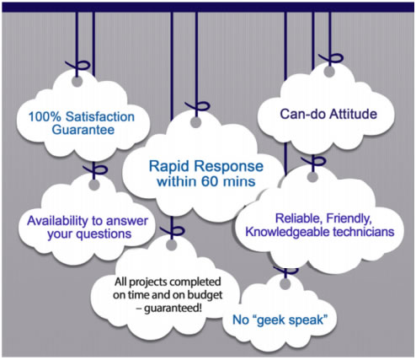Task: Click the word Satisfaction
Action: (100, 116)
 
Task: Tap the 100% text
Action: (45, 116)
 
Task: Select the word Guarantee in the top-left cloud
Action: (83, 130)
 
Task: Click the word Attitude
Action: (353, 114)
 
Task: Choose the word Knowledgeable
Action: (287, 232)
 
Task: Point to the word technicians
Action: (364, 232)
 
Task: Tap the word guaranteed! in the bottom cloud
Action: (173, 309)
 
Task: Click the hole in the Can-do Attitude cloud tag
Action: (329, 72)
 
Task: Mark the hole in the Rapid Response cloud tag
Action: (196, 122)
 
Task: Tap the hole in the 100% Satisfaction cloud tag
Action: (77, 82)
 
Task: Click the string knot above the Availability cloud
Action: (95, 170)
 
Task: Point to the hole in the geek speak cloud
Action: (285, 284)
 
